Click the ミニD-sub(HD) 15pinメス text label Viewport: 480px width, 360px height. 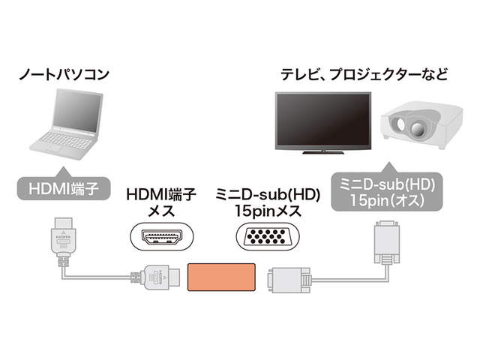(x=268, y=202)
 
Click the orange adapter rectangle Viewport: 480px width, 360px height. (x=222, y=278)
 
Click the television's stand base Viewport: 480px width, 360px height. (x=321, y=154)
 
